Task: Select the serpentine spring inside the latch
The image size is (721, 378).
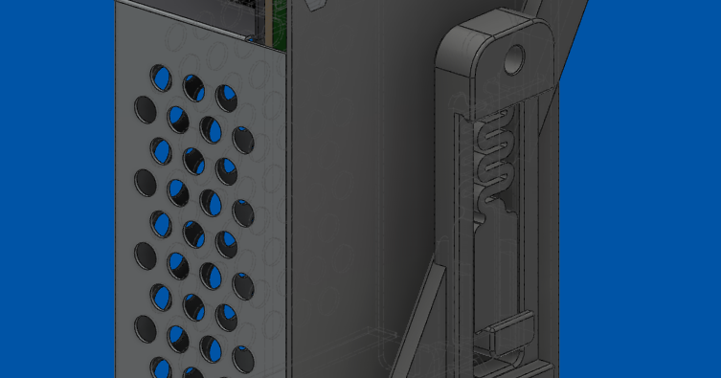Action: [x=496, y=157]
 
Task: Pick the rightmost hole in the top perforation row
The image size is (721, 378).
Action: [x=226, y=97]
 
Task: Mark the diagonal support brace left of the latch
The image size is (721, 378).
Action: [x=417, y=316]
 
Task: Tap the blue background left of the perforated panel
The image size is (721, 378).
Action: [x=57, y=191]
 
